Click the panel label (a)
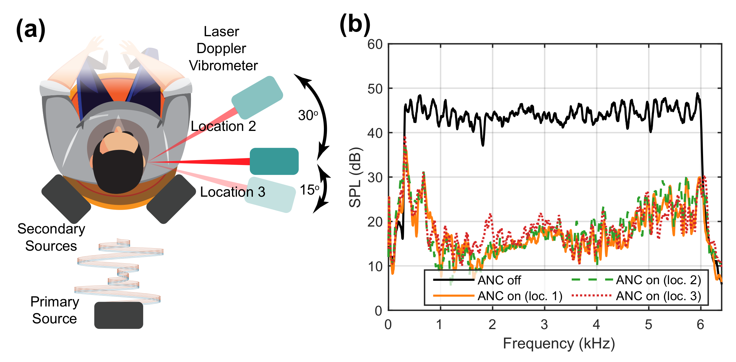click(31, 30)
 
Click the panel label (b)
click(355, 25)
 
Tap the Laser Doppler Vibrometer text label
click(223, 49)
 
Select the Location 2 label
click(223, 126)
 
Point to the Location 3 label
click(232, 192)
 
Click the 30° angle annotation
click(308, 116)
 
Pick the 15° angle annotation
click(309, 190)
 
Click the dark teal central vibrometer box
click(274, 161)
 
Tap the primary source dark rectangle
click(118, 315)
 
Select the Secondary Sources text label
click(51, 237)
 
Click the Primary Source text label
click(55, 310)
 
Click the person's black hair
click(118, 170)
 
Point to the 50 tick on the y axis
click(375, 89)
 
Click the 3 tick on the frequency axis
click(544, 325)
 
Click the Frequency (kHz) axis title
click(559, 344)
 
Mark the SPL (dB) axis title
click(355, 177)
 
